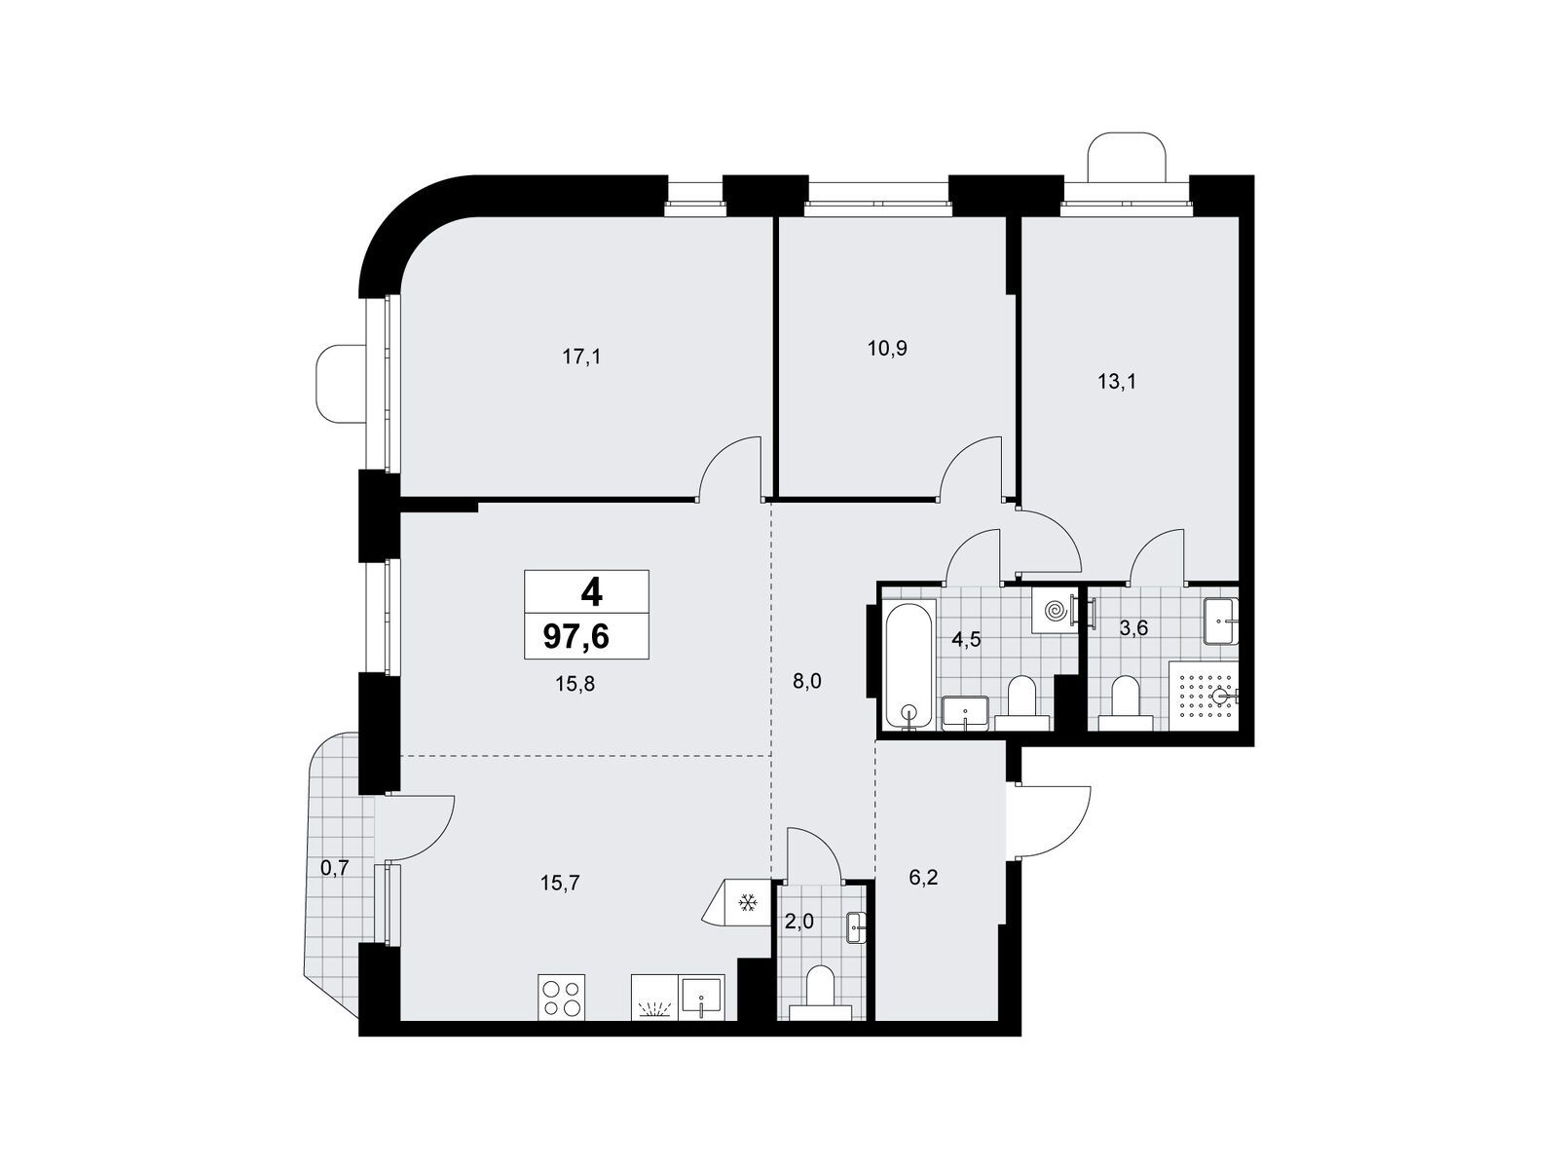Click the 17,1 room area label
[581, 357]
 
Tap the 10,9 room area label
[887, 349]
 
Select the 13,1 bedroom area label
[1117, 382]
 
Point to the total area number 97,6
[575, 637]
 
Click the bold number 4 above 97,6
[591, 592]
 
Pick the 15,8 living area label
[575, 684]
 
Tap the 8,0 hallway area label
[806, 681]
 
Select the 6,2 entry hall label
[923, 878]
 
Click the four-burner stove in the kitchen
[562, 998]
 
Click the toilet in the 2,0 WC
[821, 994]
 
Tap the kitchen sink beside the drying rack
[701, 998]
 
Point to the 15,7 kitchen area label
[560, 883]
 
